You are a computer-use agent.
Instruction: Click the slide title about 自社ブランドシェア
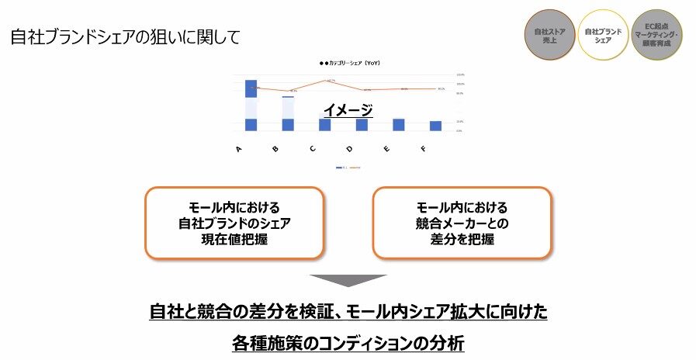point(125,36)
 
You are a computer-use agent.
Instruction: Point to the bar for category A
point(251,105)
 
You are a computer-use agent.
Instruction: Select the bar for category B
point(288,113)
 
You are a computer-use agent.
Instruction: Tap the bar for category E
point(398,124)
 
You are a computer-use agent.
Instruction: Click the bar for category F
point(435,126)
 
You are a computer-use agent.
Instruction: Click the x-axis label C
point(313,148)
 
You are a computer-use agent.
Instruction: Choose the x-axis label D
point(349,148)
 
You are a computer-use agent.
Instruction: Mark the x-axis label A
point(239,148)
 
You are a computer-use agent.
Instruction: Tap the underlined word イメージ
point(348,111)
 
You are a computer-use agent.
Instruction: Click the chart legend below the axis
point(348,167)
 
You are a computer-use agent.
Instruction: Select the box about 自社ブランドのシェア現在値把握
point(234,223)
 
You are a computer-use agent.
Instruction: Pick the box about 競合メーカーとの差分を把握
point(462,223)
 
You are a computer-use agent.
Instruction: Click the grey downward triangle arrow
point(348,280)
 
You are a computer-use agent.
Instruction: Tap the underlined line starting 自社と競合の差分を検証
point(348,312)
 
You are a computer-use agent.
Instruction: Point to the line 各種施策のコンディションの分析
point(348,342)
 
